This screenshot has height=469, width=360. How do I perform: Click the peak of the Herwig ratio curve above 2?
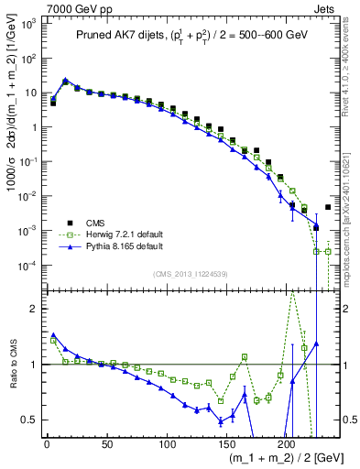[x=292, y=292]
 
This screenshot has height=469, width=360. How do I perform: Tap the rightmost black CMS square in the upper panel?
[x=328, y=207]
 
